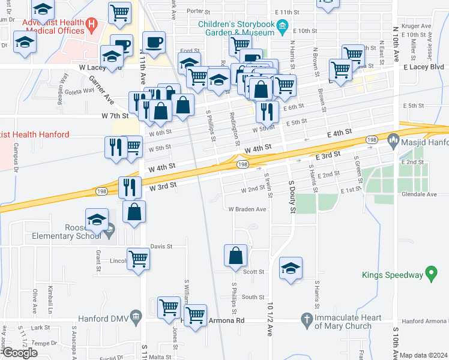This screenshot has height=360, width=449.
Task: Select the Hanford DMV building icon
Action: click(x=136, y=316)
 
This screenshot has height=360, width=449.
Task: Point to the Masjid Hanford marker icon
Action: click(x=393, y=141)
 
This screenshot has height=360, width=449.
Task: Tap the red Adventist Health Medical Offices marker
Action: click(x=92, y=26)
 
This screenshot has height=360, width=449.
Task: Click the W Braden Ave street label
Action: click(x=247, y=209)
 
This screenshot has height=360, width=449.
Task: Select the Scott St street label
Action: click(x=253, y=272)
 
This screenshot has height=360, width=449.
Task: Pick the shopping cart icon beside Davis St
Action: click(x=138, y=259)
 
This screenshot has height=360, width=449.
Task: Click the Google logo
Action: click(x=19, y=353)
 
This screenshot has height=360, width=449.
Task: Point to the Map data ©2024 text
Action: click(x=423, y=355)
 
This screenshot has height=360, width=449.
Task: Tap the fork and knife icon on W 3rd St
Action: click(x=130, y=187)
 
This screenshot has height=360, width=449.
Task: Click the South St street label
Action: click(x=253, y=297)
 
